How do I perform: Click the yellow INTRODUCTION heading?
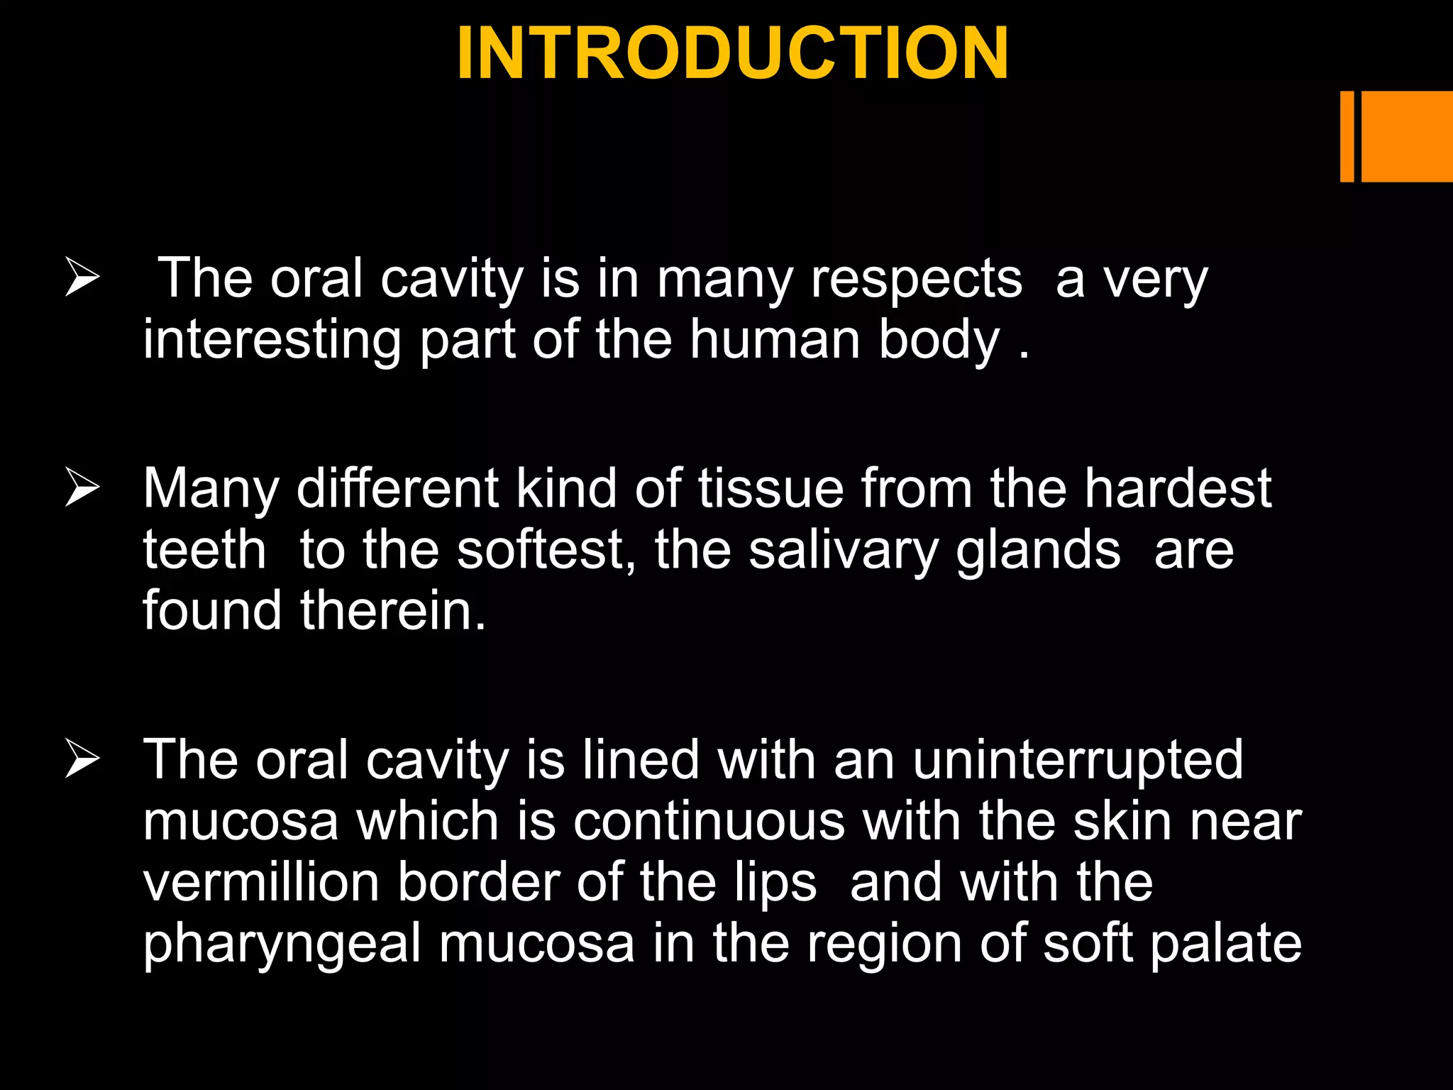(x=733, y=54)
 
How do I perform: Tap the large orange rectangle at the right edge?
(x=1407, y=136)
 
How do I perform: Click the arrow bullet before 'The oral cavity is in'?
(x=82, y=278)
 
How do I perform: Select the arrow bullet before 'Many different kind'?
(x=82, y=488)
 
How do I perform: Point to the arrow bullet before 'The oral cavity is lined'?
(x=82, y=759)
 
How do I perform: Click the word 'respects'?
(x=916, y=280)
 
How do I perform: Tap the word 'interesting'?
(x=272, y=341)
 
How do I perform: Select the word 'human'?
(x=775, y=339)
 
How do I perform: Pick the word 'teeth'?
(x=204, y=550)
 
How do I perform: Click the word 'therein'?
(x=393, y=610)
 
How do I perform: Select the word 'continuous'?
(x=709, y=821)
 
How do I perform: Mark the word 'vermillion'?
(x=261, y=882)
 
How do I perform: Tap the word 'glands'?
(x=1038, y=551)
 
